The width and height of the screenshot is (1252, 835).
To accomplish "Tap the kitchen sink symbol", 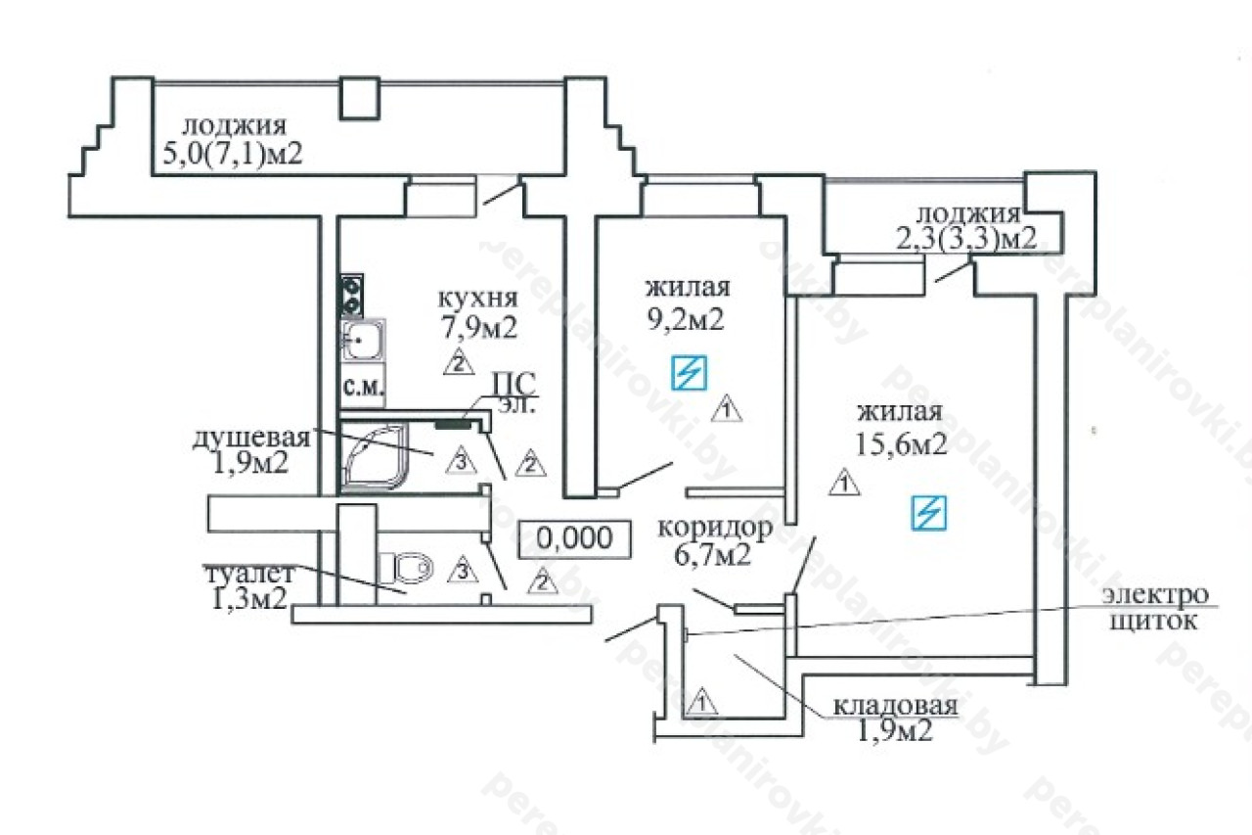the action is click(x=363, y=340).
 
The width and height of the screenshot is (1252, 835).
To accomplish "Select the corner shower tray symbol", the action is click(x=375, y=457).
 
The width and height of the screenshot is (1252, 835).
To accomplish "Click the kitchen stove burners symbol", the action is click(x=352, y=296).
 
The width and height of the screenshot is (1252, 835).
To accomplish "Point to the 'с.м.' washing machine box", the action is click(x=363, y=386).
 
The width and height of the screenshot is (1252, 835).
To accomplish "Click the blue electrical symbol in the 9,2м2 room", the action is click(x=689, y=373).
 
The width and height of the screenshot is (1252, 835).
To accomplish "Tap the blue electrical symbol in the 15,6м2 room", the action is click(x=929, y=512).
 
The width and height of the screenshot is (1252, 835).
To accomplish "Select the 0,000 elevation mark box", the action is click(x=574, y=538).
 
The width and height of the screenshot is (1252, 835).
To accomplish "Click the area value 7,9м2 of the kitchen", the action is click(x=479, y=329).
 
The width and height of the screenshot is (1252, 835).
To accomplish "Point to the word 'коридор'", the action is click(x=715, y=528).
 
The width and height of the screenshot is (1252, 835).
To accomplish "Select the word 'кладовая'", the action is click(x=895, y=707).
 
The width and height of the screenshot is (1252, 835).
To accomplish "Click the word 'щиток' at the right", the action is click(x=1152, y=622).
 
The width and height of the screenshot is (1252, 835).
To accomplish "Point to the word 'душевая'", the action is click(x=251, y=439).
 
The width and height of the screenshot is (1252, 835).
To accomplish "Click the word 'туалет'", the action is click(x=249, y=575).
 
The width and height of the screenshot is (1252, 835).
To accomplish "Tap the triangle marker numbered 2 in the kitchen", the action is click(x=459, y=362).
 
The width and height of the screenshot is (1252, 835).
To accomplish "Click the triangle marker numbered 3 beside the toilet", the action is click(x=463, y=570).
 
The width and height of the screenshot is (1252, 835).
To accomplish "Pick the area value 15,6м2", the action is click(x=901, y=445).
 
